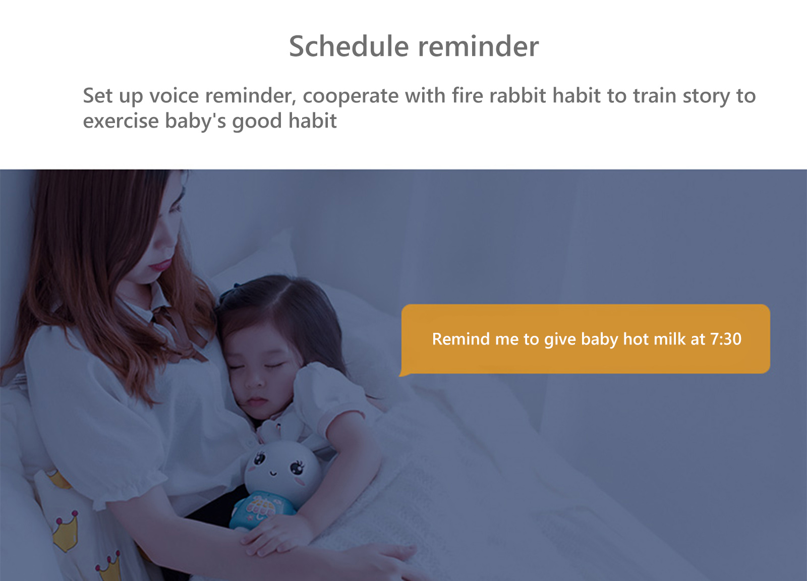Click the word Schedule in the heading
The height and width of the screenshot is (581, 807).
349,46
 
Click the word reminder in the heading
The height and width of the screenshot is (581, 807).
478,46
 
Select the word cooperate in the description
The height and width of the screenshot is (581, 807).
351,96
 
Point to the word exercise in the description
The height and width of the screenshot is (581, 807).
121,121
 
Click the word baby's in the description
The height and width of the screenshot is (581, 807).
196,121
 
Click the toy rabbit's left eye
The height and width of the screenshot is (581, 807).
259,459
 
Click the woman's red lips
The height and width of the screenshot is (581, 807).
161,265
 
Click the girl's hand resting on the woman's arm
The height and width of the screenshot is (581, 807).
274,537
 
